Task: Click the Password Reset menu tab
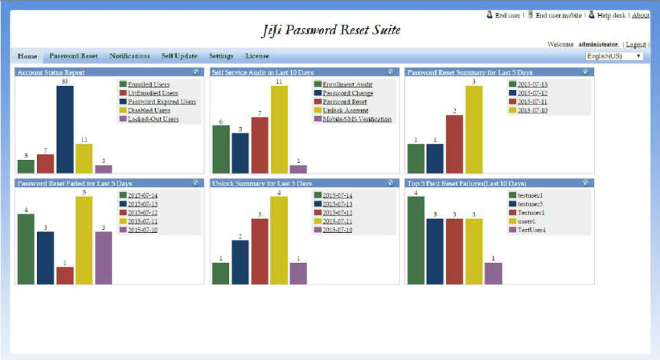coord(74,56)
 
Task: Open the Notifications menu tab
coord(129,56)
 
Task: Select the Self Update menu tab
coord(179,56)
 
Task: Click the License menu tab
coord(257,56)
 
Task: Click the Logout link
coord(636,44)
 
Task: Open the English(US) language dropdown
coord(614,56)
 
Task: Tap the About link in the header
coord(640,15)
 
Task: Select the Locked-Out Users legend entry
coord(153,119)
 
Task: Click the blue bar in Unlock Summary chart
coord(240,262)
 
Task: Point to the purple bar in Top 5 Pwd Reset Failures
coord(493,273)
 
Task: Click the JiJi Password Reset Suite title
coord(331,30)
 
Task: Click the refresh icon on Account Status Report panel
coord(196,71)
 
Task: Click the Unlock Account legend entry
coord(345,110)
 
